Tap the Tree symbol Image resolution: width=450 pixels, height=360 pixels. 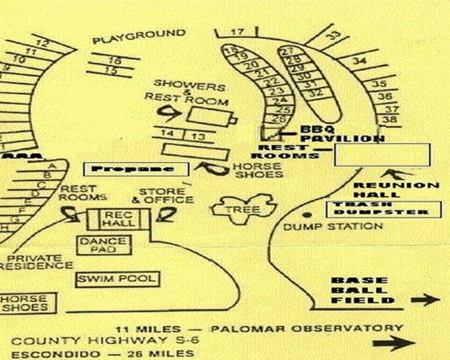point(242,209)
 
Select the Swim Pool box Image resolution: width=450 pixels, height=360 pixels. point(118,279)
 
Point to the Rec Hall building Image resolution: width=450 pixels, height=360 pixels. point(112,220)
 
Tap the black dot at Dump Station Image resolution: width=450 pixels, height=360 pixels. point(308,215)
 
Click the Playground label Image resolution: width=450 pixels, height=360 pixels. point(139,36)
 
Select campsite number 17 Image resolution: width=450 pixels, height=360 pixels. point(238,32)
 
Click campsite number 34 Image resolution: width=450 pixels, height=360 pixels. point(359,61)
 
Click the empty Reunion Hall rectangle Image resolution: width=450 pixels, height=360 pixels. point(382,155)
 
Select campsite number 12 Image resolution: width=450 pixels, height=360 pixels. point(42,43)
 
